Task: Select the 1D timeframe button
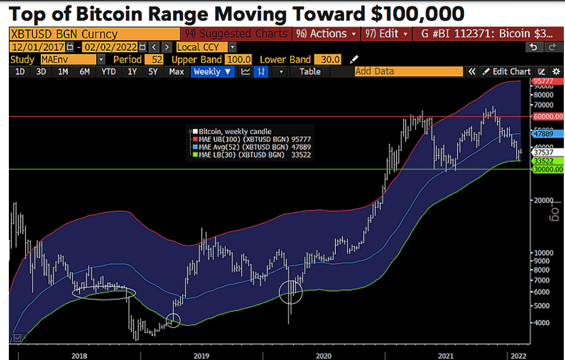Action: (x=20, y=72)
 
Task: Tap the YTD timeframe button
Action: (x=108, y=72)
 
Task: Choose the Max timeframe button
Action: (x=176, y=72)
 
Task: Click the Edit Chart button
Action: (x=507, y=72)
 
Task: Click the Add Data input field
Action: (x=408, y=72)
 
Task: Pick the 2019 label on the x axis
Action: (x=201, y=356)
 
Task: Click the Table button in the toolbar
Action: (x=310, y=72)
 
